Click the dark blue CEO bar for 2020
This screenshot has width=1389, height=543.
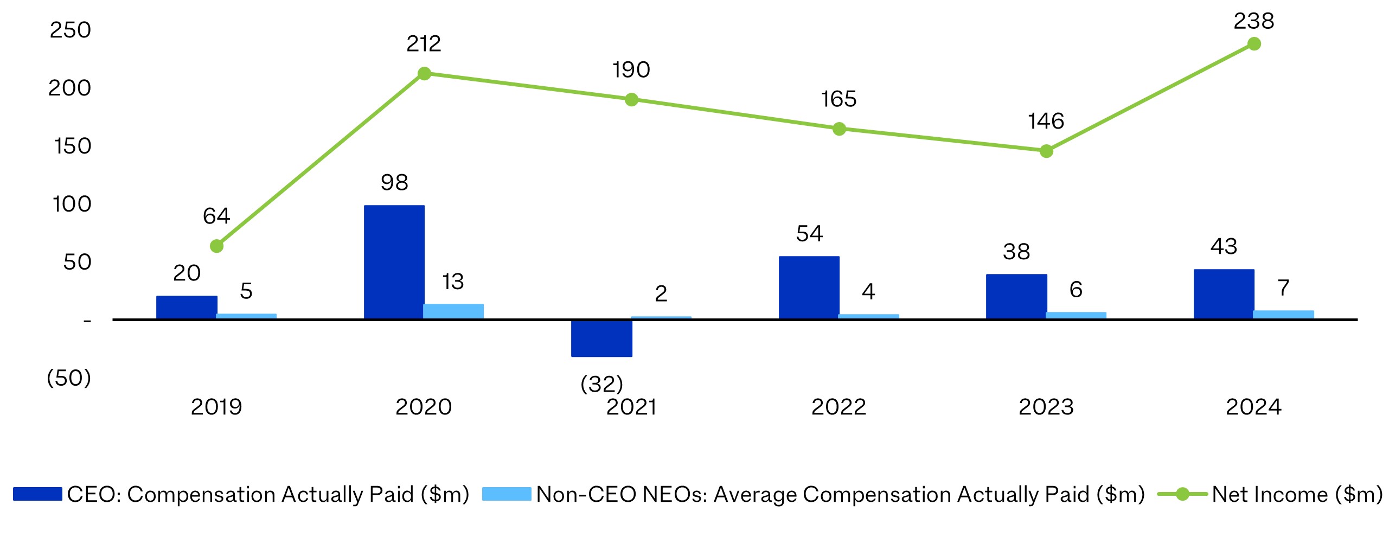tap(394, 261)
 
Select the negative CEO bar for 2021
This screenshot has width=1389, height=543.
tap(601, 338)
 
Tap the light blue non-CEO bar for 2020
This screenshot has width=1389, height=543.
tap(453, 311)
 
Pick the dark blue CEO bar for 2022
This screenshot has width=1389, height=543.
tap(809, 287)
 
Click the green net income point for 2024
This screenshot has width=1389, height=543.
tap(1253, 44)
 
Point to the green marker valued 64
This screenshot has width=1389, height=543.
tap(216, 246)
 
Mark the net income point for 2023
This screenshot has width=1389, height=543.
tap(1046, 151)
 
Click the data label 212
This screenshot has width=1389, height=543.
tap(424, 44)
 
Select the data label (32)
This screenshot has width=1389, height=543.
tap(601, 384)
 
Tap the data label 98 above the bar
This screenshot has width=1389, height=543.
tap(394, 182)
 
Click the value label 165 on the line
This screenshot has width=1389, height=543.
tap(838, 99)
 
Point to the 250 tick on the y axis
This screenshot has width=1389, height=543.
tap(71, 30)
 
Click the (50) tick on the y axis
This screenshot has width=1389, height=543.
tap(69, 378)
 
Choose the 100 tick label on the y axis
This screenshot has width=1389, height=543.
tap(72, 205)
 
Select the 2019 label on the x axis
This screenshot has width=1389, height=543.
tap(216, 407)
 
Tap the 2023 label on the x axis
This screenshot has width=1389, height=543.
tap(1046, 407)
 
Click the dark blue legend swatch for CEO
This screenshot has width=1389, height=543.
tap(37, 494)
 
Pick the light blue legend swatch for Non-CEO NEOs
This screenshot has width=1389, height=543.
tap(506, 494)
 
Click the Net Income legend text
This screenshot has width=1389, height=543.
tap(1297, 494)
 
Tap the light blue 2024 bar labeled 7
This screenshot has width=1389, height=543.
tap(1283, 314)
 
